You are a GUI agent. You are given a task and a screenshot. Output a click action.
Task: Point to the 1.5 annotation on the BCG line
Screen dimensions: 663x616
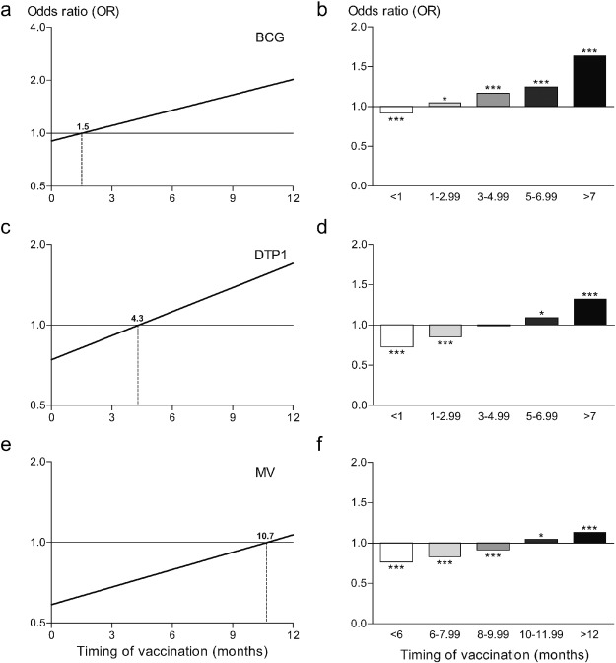point(83,127)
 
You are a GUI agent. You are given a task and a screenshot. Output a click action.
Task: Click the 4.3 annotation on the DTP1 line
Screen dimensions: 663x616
point(138,318)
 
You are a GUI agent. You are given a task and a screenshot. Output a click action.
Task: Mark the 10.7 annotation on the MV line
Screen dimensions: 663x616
point(265,536)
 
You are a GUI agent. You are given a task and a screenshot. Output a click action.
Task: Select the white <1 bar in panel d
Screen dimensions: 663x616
point(398,335)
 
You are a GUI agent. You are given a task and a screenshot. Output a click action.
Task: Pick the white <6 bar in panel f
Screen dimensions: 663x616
point(398,552)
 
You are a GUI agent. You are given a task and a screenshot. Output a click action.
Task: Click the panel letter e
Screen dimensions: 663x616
point(7,447)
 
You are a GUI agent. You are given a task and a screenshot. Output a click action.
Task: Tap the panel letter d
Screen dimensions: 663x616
point(325,231)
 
